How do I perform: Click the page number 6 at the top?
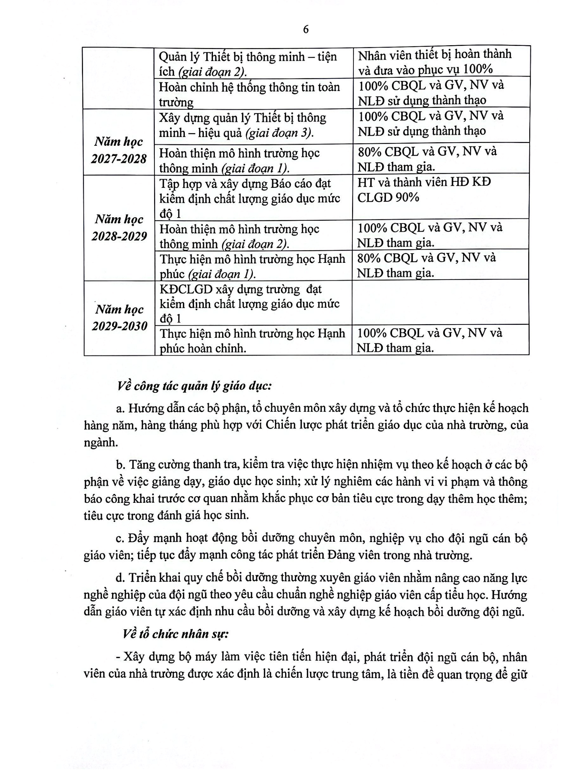[x=306, y=30]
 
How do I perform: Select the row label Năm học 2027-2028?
[x=119, y=150]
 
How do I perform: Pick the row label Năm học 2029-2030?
[x=119, y=318]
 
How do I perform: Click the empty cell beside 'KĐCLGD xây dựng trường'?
[x=440, y=302]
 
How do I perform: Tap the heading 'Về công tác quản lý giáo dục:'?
[x=194, y=386]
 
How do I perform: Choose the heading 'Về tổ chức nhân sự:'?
[x=175, y=634]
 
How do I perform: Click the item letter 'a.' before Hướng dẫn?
[x=120, y=409]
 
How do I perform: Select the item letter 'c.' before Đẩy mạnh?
[x=120, y=538]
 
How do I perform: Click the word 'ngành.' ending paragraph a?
[x=101, y=443]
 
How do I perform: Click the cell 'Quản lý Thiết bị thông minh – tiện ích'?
[x=248, y=64]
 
